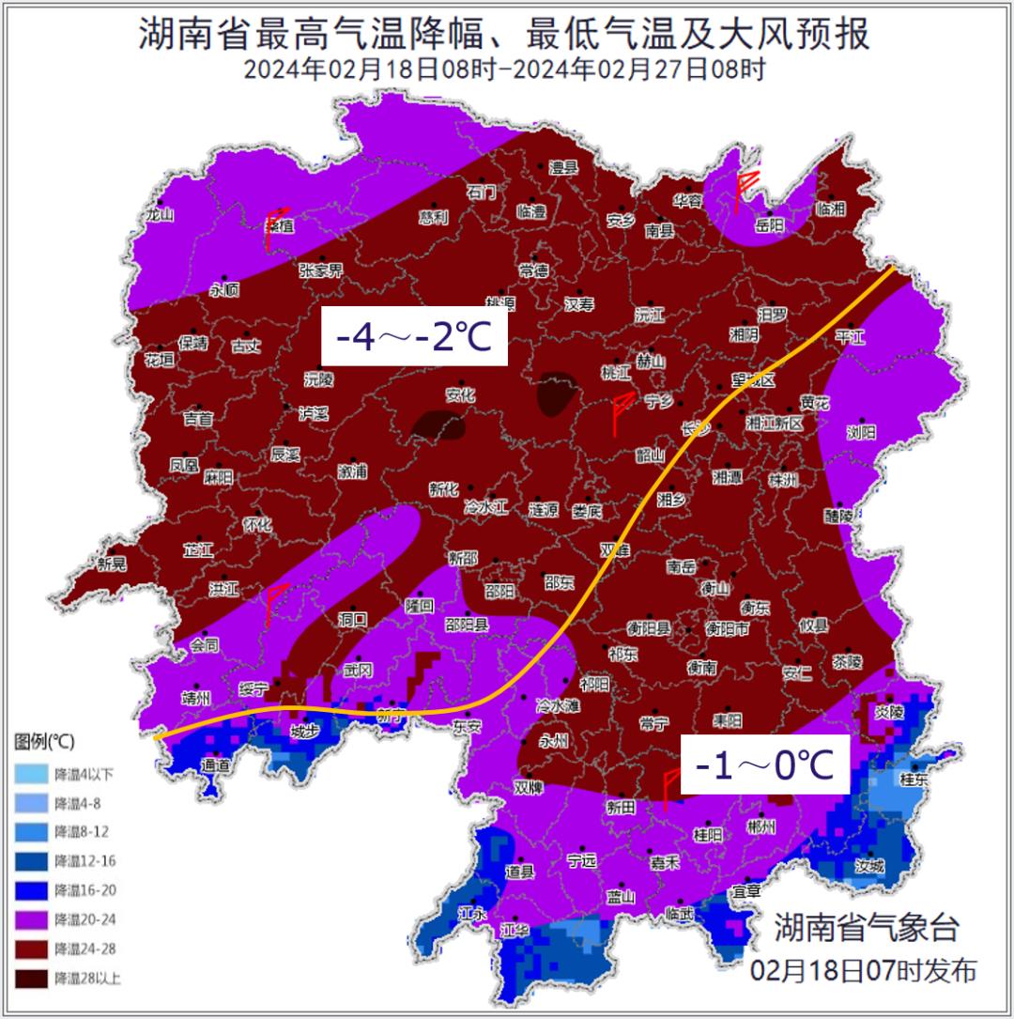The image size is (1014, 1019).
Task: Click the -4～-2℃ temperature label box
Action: tap(414, 336)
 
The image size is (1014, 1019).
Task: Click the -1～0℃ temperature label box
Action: tap(764, 765)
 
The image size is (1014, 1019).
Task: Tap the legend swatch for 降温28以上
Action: tap(33, 978)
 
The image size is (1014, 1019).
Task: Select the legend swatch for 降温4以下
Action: tap(33, 774)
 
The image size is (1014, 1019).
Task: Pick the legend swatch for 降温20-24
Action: tap(33, 919)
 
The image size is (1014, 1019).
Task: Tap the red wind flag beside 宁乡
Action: tap(620, 414)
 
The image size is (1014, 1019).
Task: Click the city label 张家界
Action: tap(321, 270)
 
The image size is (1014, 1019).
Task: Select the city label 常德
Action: tap(533, 271)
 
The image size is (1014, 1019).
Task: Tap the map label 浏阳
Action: tap(860, 432)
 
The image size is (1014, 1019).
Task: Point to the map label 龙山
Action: tap(160, 214)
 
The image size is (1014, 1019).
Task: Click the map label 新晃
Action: tap(111, 564)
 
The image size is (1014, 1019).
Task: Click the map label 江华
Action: tap(515, 931)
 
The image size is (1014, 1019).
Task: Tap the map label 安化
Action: tap(460, 395)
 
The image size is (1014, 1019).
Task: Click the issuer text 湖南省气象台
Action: tap(867, 928)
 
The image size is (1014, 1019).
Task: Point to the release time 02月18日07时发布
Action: tap(863, 969)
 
